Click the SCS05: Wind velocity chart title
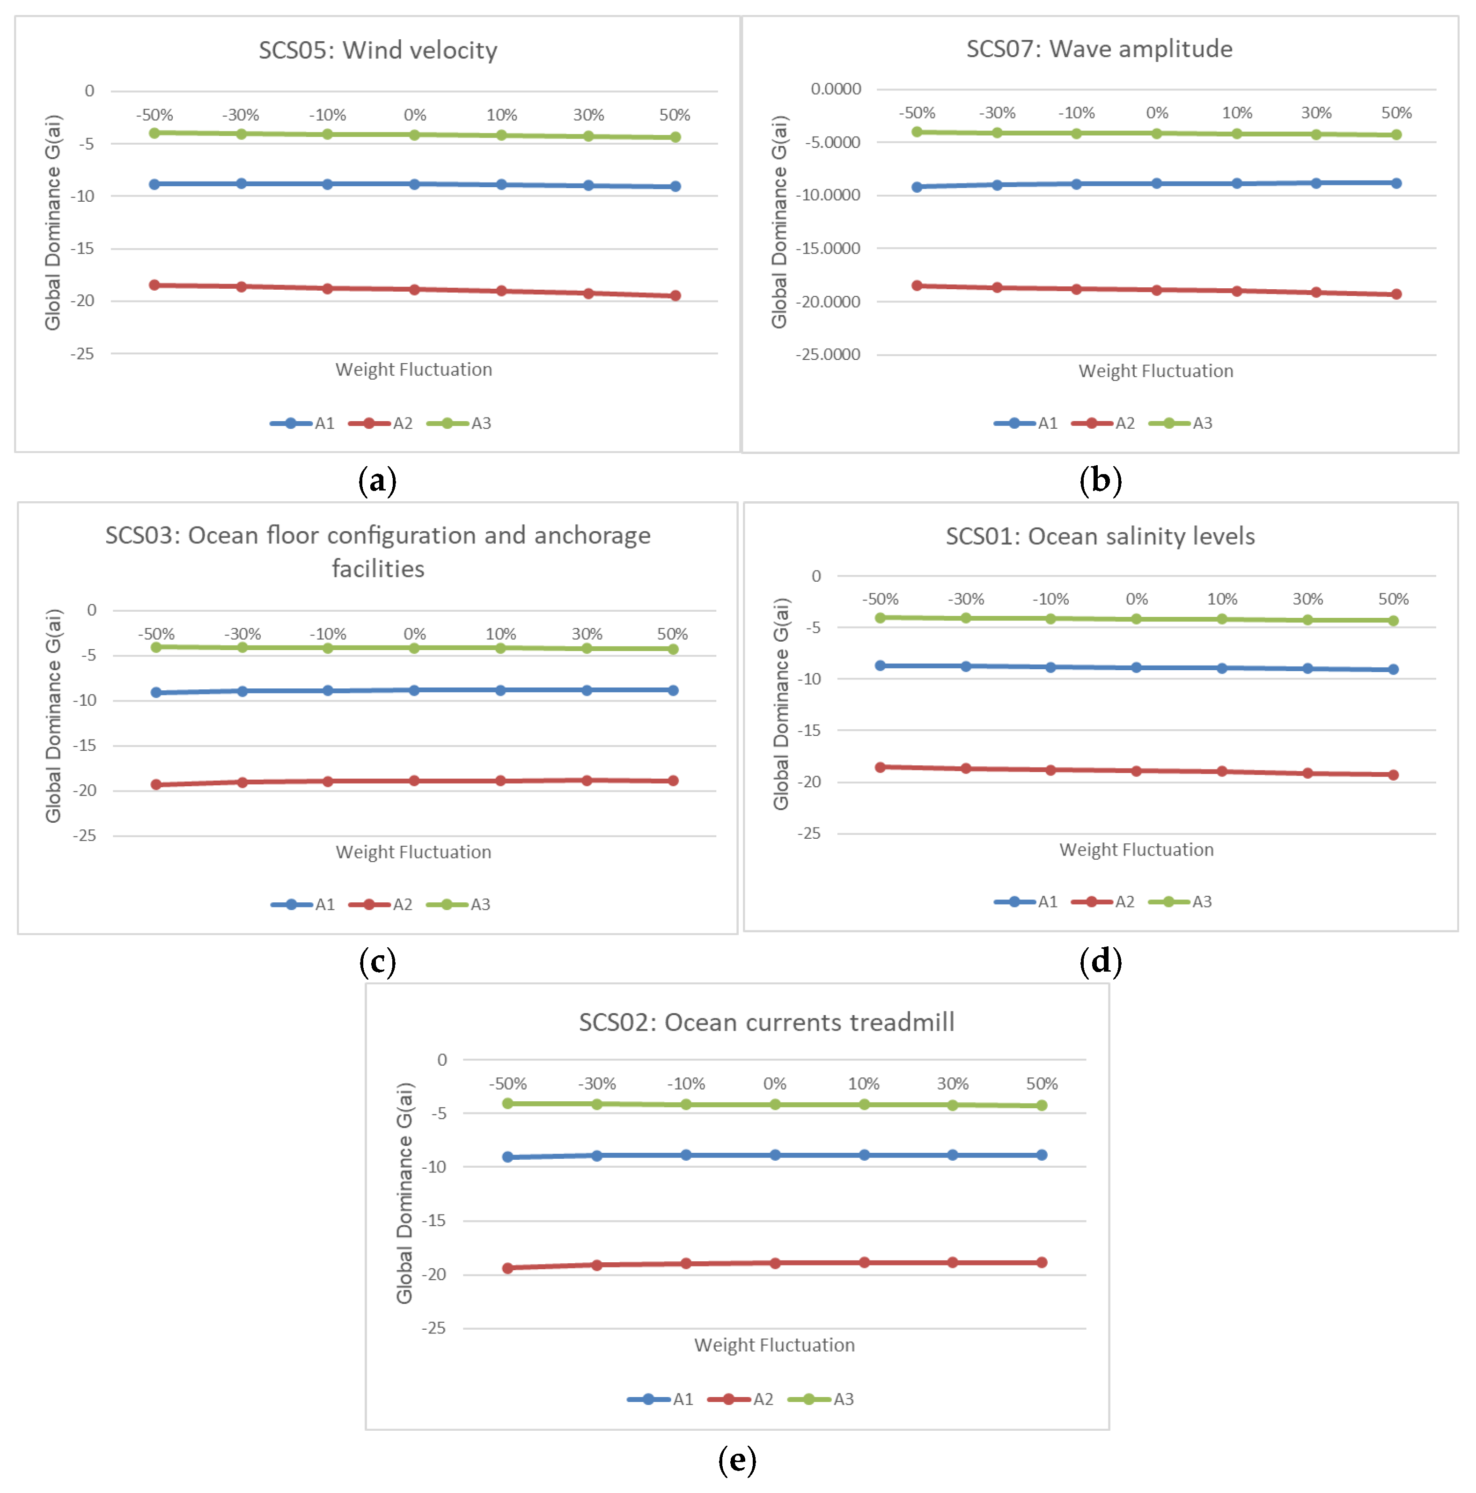point(377,50)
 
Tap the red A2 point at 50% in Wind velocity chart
point(675,295)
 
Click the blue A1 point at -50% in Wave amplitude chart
point(917,187)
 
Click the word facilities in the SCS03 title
point(378,569)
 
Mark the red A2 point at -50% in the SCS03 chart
point(156,784)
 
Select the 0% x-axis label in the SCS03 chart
point(414,634)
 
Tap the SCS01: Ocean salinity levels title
point(1100,536)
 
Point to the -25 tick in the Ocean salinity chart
point(808,833)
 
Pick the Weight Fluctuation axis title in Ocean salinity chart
point(1136,850)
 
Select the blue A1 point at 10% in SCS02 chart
point(864,1155)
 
